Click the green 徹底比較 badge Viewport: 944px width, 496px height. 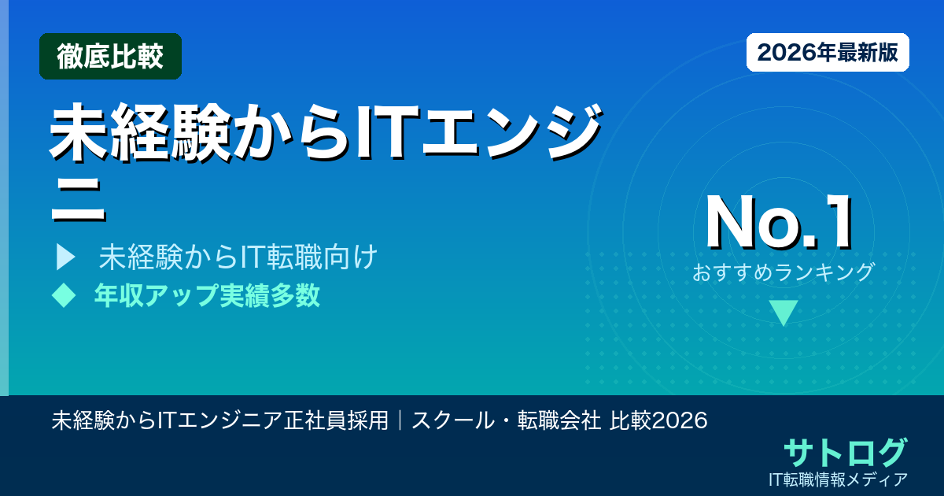(110, 56)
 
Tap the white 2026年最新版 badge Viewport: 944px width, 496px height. (828, 53)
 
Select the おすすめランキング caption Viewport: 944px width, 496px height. (784, 272)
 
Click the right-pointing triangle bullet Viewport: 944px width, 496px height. (65, 257)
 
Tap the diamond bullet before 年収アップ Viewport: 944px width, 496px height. (63, 295)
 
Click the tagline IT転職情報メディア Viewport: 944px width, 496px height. (840, 479)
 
